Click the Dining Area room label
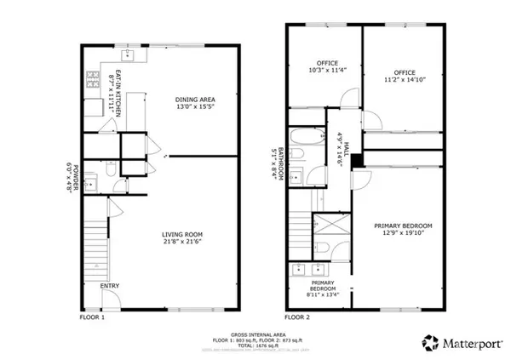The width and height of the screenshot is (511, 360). (x=192, y=101)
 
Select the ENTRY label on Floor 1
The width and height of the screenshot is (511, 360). (x=110, y=286)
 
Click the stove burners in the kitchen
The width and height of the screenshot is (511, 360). (x=90, y=83)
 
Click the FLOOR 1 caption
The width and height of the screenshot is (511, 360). (x=91, y=317)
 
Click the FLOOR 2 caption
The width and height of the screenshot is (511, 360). (x=297, y=317)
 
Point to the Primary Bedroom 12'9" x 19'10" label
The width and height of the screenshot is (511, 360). (x=404, y=230)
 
